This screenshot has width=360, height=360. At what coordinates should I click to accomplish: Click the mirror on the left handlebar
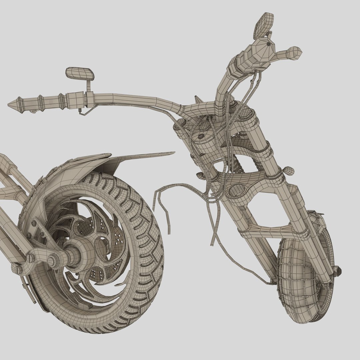pos(79,73)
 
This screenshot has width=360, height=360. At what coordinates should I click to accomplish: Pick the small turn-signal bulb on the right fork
pos(289,171)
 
